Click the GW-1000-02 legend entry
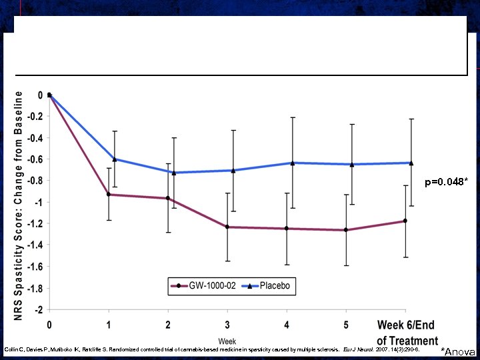tap(209, 286)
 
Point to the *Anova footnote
tap(459, 351)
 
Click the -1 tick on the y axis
tap(39, 202)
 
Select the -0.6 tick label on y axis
tap(35, 159)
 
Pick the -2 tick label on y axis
tap(39, 309)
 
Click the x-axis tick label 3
tap(227, 325)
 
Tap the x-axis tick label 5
tap(345, 325)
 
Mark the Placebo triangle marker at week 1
tap(115, 159)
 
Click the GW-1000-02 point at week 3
tap(227, 227)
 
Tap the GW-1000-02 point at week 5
tap(345, 230)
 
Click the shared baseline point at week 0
tap(49, 95)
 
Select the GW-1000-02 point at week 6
tap(405, 221)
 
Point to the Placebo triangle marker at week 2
tap(174, 173)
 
